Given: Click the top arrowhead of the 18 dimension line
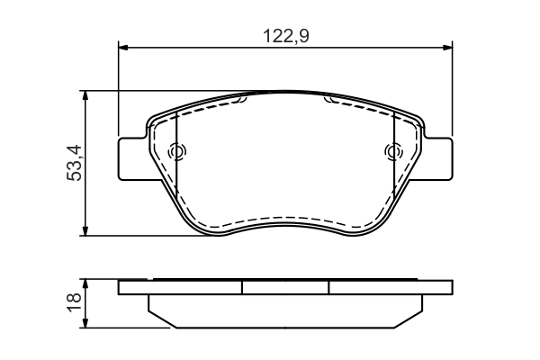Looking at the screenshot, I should [x=85, y=284].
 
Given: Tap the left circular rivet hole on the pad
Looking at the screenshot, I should [x=176, y=152].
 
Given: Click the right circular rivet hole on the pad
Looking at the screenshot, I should [x=392, y=152].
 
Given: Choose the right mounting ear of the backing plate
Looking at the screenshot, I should [x=439, y=158].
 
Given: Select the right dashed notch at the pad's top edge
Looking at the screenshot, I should [x=332, y=100].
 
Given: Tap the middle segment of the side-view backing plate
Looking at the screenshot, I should [x=285, y=287].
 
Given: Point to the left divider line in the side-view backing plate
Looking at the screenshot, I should [x=243, y=287].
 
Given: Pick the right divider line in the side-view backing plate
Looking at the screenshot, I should [x=328, y=287].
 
